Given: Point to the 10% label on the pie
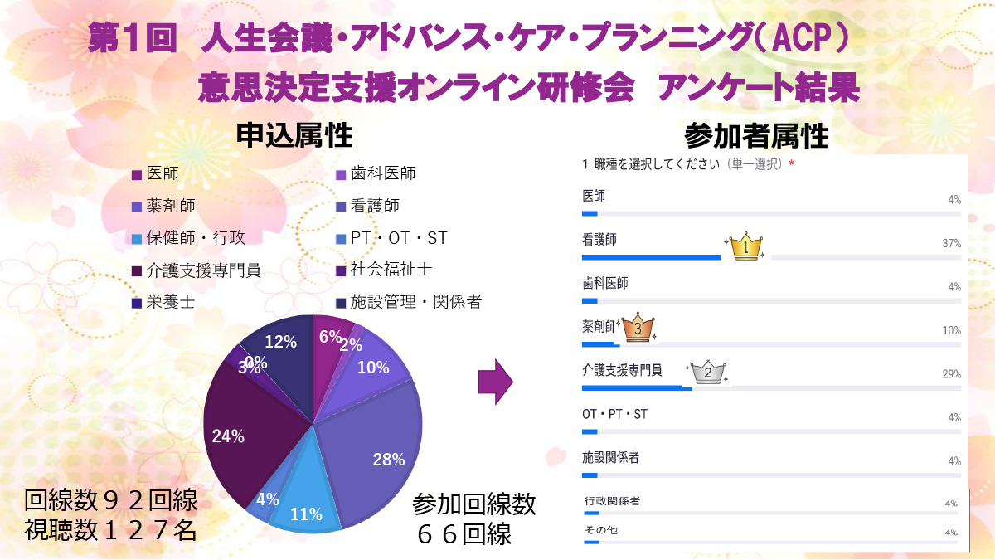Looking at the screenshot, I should [x=372, y=368].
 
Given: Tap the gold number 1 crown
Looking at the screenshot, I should [x=747, y=246].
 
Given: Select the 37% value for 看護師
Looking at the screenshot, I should [x=951, y=243].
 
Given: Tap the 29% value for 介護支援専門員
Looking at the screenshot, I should [x=951, y=374].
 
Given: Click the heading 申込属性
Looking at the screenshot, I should [x=294, y=135].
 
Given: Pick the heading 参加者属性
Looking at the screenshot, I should [x=756, y=135].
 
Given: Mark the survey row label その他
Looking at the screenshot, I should [x=600, y=530].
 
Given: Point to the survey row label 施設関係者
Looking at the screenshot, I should [x=611, y=457].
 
